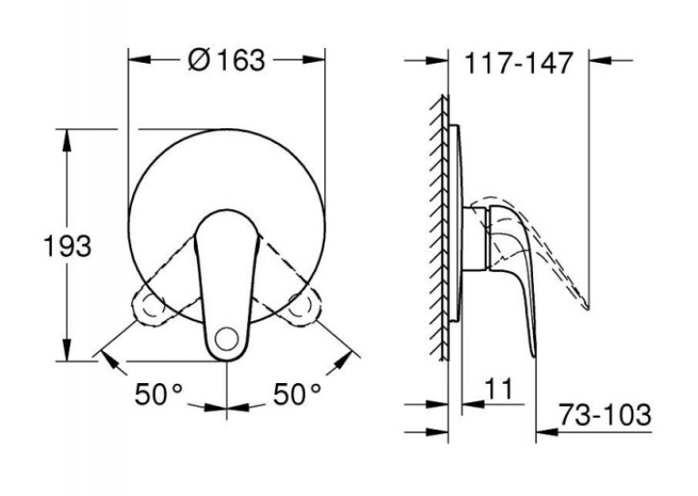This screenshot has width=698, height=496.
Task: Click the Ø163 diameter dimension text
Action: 226,60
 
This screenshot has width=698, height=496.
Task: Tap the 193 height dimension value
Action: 67,246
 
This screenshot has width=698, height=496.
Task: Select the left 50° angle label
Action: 159,394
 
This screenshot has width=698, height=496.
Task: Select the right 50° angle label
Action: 297,394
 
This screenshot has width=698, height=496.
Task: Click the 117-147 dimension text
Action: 518,63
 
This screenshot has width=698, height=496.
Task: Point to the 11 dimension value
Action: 498,390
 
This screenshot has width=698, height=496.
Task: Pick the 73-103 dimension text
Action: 604,415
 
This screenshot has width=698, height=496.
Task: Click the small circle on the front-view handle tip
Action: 227,339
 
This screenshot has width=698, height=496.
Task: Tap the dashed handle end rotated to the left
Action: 149,309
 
